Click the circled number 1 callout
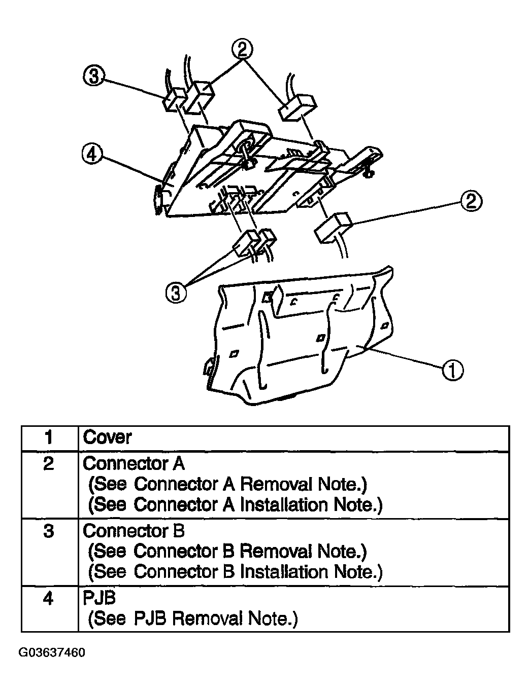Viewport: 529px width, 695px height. pyautogui.click(x=452, y=370)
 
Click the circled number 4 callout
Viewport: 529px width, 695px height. pyautogui.click(x=92, y=155)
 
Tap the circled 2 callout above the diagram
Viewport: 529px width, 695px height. pyautogui.click(x=242, y=50)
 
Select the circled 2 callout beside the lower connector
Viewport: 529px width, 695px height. pyautogui.click(x=471, y=201)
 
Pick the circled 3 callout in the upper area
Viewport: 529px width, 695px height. pyautogui.click(x=94, y=77)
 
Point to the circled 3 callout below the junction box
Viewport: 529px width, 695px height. pyautogui.click(x=176, y=292)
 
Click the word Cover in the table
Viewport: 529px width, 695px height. pyautogui.click(x=107, y=437)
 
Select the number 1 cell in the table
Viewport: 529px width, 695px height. pyautogui.click(x=49, y=438)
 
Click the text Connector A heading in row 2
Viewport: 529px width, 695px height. pyautogui.click(x=134, y=464)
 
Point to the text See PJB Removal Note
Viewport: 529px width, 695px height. pyautogui.click(x=193, y=618)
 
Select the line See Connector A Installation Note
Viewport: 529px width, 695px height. pyautogui.click(x=235, y=505)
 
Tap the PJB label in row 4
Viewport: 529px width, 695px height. pyautogui.click(x=99, y=598)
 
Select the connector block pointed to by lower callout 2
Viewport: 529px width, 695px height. pyautogui.click(x=334, y=228)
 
